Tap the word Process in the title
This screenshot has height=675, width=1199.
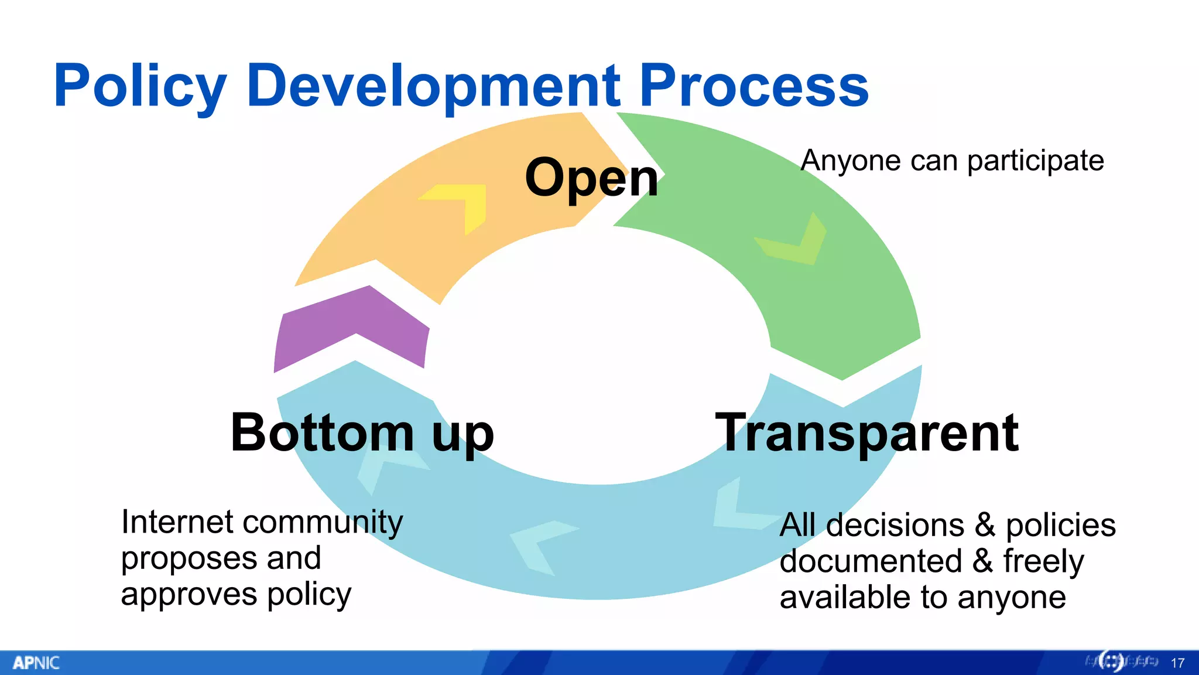click(753, 87)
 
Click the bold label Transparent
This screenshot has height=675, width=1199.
click(867, 434)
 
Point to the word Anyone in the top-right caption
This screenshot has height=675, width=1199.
click(851, 161)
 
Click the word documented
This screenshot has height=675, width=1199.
click(871, 561)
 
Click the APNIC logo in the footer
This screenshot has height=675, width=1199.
click(36, 663)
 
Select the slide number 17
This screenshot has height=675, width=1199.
click(1177, 663)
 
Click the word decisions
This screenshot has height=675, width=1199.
click(895, 525)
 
